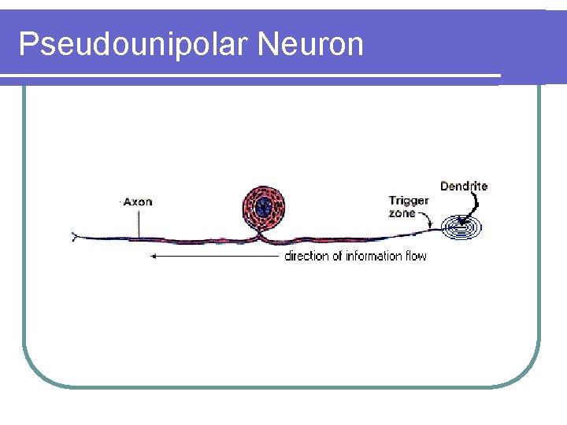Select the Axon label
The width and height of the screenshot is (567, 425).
click(x=138, y=201)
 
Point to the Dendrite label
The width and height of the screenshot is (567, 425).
click(x=464, y=187)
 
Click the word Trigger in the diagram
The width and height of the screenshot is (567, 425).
click(x=409, y=201)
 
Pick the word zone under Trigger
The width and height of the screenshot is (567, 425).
click(x=402, y=213)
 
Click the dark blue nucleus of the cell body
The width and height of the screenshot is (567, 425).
click(x=264, y=206)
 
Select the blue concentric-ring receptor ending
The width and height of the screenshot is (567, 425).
click(x=461, y=228)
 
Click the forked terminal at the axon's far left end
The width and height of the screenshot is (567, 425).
click(x=76, y=235)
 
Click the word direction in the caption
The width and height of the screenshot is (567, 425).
click(x=307, y=256)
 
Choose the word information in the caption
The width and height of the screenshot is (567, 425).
click(x=375, y=256)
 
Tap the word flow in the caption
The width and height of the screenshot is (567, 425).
click(x=416, y=256)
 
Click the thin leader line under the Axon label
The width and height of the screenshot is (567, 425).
click(x=139, y=222)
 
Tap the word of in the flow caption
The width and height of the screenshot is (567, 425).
click(x=337, y=256)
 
